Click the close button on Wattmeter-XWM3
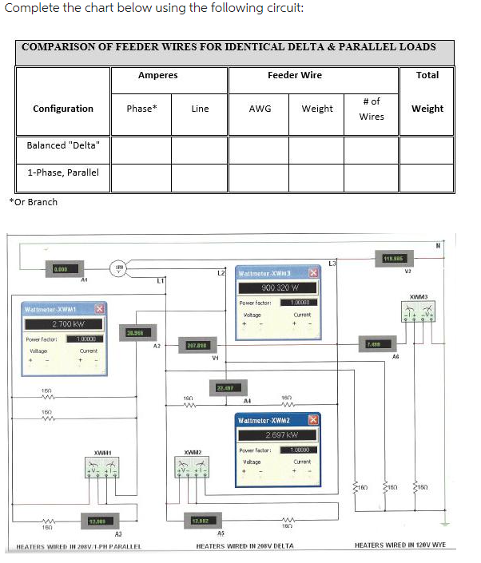313,274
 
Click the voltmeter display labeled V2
392,258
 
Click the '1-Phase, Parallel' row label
63,172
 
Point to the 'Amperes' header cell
158,75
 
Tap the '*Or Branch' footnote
34,202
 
